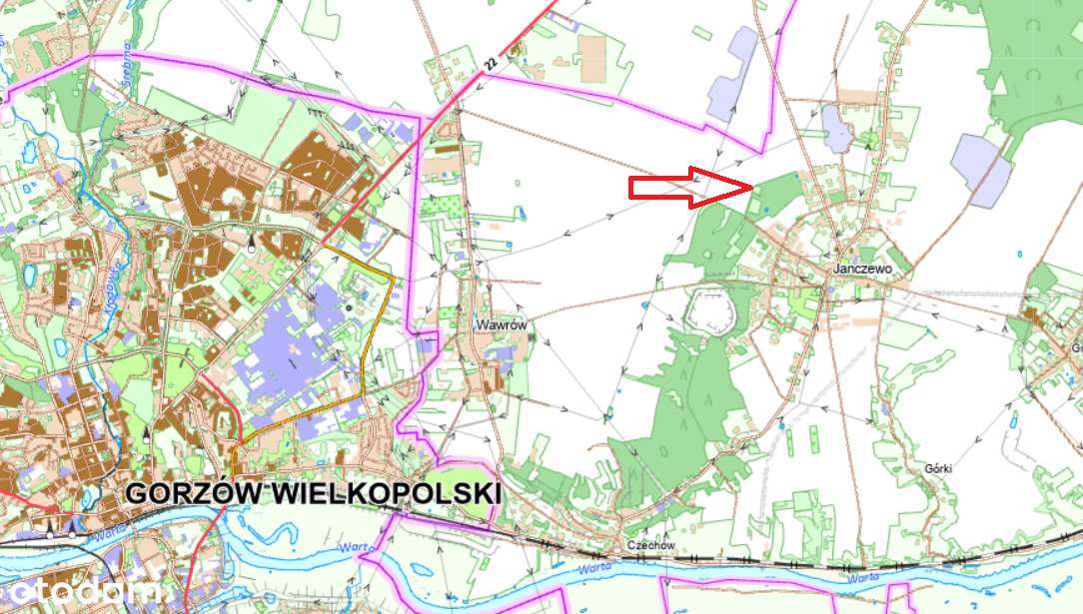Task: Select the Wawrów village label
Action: coord(501,325)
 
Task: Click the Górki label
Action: coord(939,467)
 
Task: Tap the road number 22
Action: coord(489,63)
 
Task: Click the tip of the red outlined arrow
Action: coord(752,187)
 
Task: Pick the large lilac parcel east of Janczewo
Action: coord(981,167)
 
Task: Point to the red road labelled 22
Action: coord(420,130)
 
